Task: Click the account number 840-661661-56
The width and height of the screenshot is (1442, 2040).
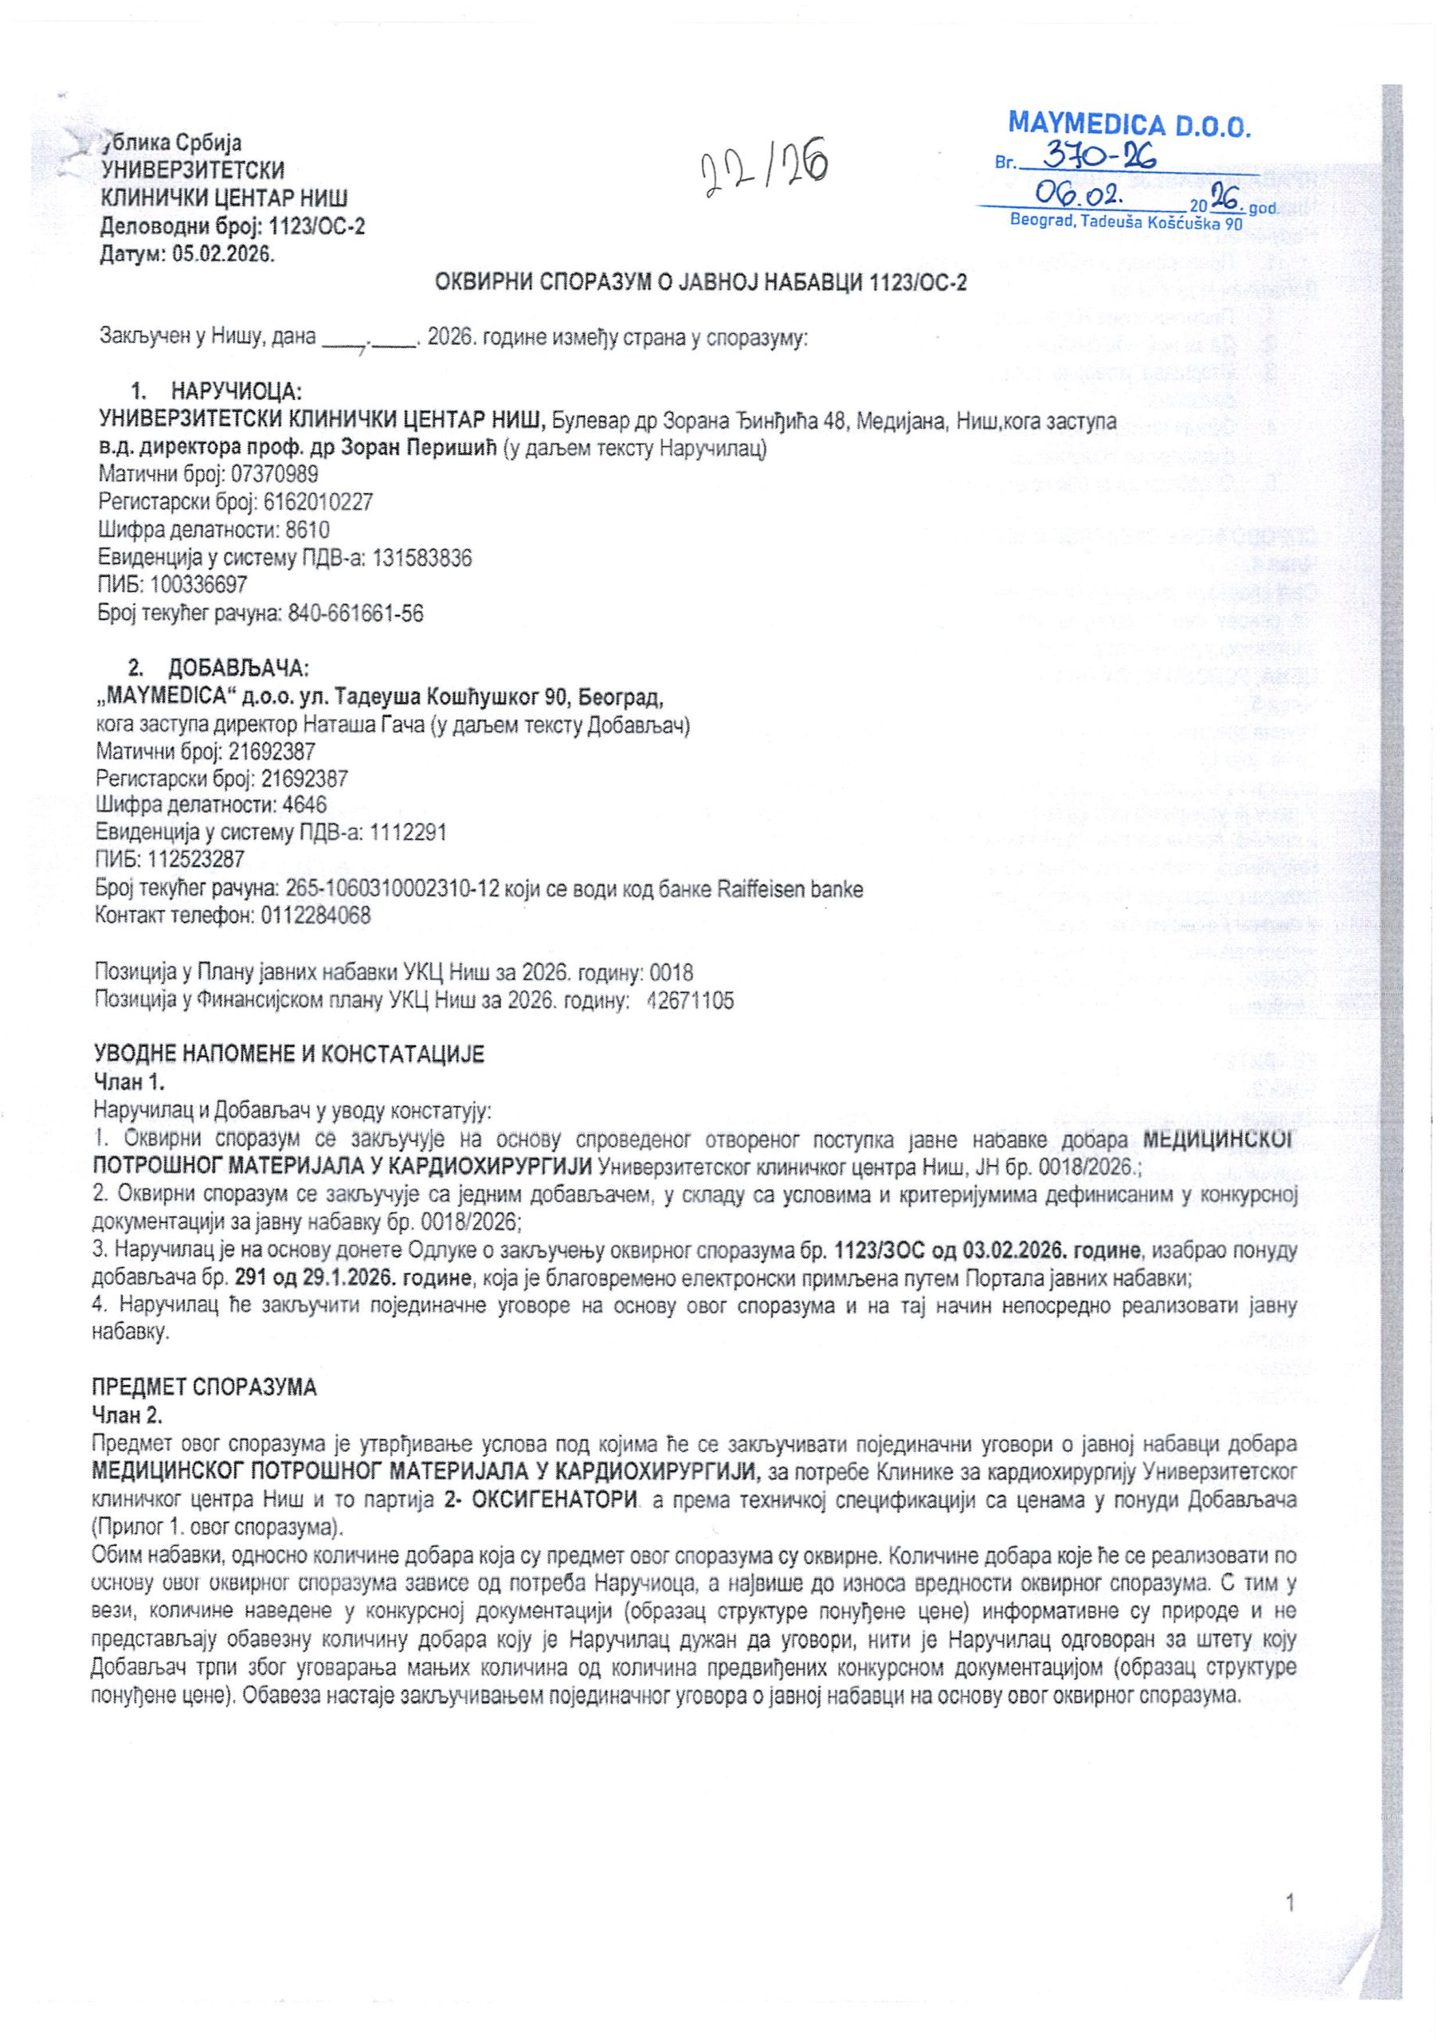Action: [355, 613]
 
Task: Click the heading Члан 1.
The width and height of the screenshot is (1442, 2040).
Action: [129, 1081]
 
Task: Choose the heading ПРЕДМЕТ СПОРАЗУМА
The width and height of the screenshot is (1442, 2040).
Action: [205, 1388]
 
